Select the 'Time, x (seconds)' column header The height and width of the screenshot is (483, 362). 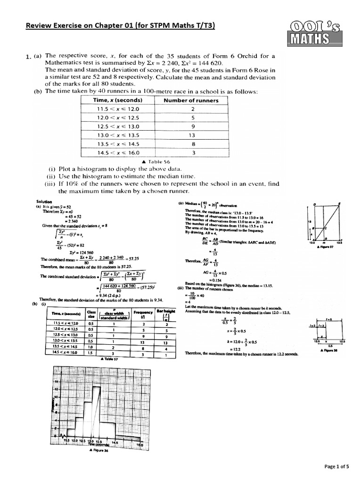click(121, 100)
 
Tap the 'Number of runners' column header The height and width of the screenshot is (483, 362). click(190, 100)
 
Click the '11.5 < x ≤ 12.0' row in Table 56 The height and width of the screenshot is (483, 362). click(121, 109)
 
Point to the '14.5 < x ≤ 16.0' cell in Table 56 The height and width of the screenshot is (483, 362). click(121, 152)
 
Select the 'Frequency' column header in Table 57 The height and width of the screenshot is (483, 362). click(143, 314)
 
